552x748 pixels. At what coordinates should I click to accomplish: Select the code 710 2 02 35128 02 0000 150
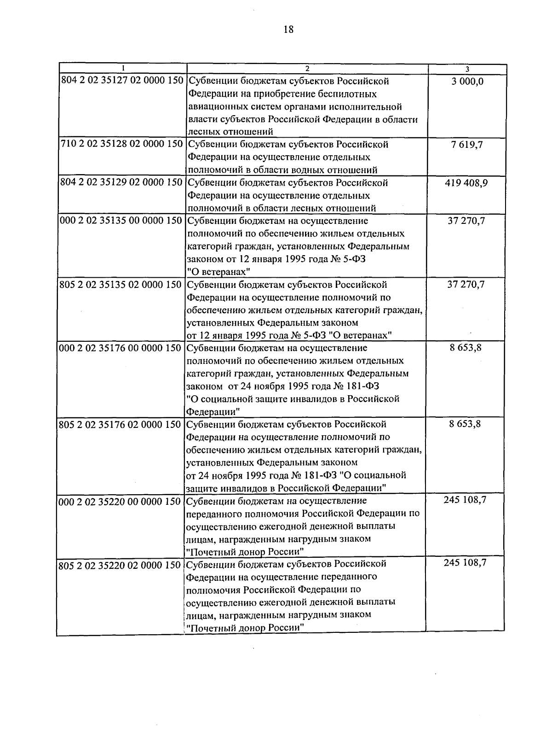click(x=122, y=144)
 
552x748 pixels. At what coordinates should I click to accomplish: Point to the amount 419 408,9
click(x=466, y=183)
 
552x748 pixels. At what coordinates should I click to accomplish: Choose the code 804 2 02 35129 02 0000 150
click(x=122, y=182)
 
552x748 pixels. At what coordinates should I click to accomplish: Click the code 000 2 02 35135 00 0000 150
click(x=122, y=221)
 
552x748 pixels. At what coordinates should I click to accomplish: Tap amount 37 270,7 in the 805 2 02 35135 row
click(x=466, y=285)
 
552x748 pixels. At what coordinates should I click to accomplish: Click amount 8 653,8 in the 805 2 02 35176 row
click(x=465, y=424)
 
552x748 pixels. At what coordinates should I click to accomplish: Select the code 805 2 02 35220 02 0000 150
click(x=120, y=564)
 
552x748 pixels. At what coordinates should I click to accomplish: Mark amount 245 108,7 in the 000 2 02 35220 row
click(x=465, y=500)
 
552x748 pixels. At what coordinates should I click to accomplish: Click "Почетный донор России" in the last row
click(x=246, y=627)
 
